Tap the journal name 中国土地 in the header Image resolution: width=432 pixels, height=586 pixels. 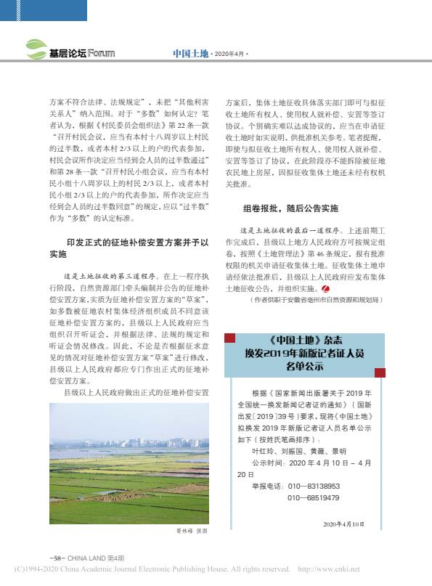point(190,54)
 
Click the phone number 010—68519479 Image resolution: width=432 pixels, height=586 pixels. point(313,497)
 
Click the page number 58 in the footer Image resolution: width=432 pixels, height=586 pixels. point(55,557)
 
